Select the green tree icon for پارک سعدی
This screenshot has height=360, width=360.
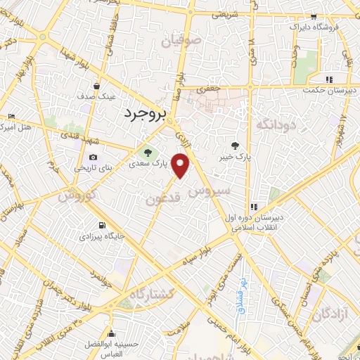tap(148, 152)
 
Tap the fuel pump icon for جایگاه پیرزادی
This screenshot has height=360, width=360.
tap(103, 225)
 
